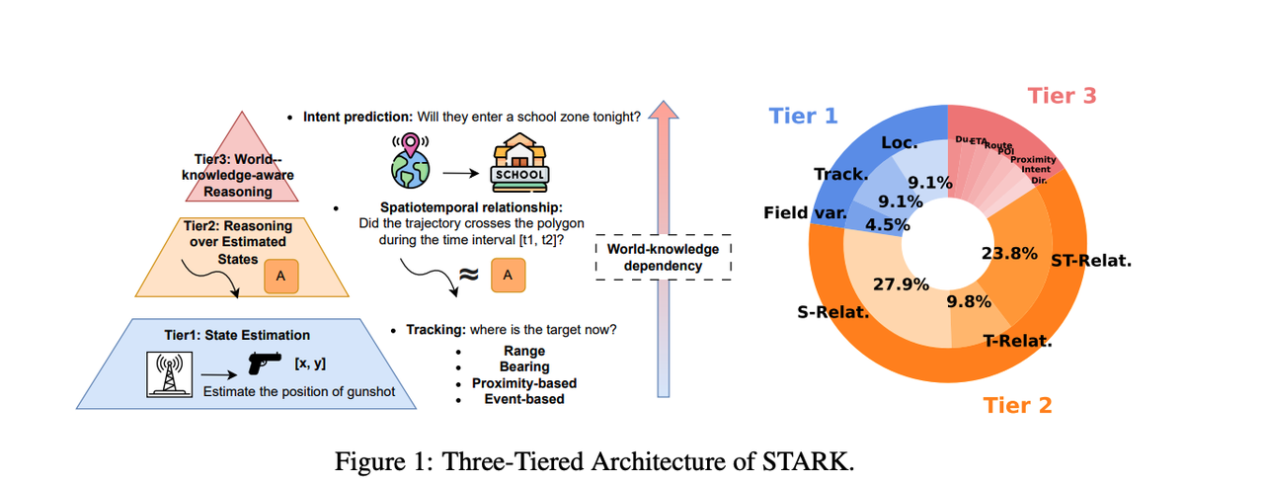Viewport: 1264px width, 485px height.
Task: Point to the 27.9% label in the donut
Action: click(x=901, y=284)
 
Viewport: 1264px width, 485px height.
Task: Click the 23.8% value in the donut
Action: click(x=1009, y=253)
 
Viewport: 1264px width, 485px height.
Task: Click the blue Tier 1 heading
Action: click(x=803, y=116)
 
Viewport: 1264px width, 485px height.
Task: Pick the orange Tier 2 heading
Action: click(x=1018, y=405)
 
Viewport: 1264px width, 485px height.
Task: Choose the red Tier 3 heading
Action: click(x=1062, y=96)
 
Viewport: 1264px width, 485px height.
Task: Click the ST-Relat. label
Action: click(x=1092, y=262)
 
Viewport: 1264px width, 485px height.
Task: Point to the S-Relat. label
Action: click(x=834, y=313)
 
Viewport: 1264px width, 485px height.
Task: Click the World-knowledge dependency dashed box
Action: click(x=664, y=257)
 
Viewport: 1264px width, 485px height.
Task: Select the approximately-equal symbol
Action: click(x=470, y=277)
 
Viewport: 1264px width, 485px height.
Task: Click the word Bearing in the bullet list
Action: click(x=523, y=367)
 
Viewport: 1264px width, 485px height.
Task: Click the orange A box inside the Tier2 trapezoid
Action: click(x=279, y=277)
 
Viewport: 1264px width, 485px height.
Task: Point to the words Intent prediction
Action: click(x=356, y=117)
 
